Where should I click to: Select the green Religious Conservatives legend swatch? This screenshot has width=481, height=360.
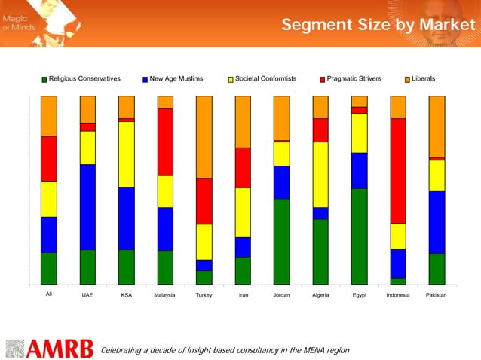(44, 79)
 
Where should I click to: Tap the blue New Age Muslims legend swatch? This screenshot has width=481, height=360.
(145, 79)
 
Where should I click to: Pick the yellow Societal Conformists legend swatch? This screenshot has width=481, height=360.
(231, 79)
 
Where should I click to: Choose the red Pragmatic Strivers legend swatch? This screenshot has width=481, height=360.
(322, 79)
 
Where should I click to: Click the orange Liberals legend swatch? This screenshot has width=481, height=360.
(407, 79)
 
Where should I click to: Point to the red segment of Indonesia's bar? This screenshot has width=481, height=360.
(398, 171)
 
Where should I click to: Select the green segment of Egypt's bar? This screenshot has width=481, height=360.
(359, 236)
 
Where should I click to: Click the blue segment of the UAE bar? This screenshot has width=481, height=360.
(87, 206)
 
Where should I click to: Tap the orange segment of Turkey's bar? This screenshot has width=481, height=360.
(204, 137)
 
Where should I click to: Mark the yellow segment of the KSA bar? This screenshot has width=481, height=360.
(127, 154)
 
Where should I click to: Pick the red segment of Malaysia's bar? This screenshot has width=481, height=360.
(165, 142)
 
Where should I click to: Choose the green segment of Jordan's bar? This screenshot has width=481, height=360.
(281, 241)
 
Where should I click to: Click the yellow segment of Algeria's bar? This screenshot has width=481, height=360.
(320, 174)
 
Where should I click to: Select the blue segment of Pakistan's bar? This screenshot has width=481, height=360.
(437, 221)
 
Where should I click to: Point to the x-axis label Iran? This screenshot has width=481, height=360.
(243, 296)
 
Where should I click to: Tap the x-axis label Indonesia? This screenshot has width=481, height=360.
(397, 296)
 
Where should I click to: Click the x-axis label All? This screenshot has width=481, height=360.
(49, 295)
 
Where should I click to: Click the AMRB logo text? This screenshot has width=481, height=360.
(60, 349)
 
